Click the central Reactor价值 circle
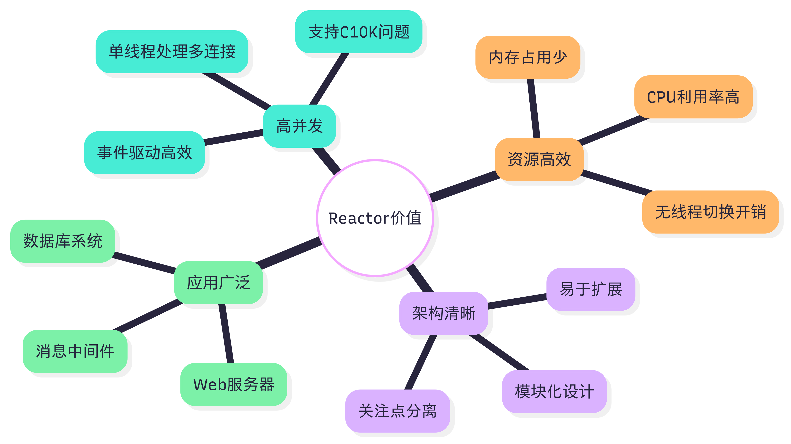(375, 218)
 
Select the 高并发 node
(299, 126)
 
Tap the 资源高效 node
(539, 159)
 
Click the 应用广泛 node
(218, 283)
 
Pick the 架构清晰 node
(443, 313)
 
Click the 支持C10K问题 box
(359, 32)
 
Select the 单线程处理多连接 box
(172, 51)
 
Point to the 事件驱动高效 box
(144, 153)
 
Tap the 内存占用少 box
(528, 57)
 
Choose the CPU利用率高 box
(693, 97)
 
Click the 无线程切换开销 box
(710, 212)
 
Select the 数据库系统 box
(63, 241)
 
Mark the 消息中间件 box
(75, 351)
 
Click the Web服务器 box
(233, 384)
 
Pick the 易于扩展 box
(591, 289)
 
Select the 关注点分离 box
(397, 411)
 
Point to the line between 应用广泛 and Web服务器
(226, 334)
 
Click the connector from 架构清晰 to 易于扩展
(517, 301)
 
